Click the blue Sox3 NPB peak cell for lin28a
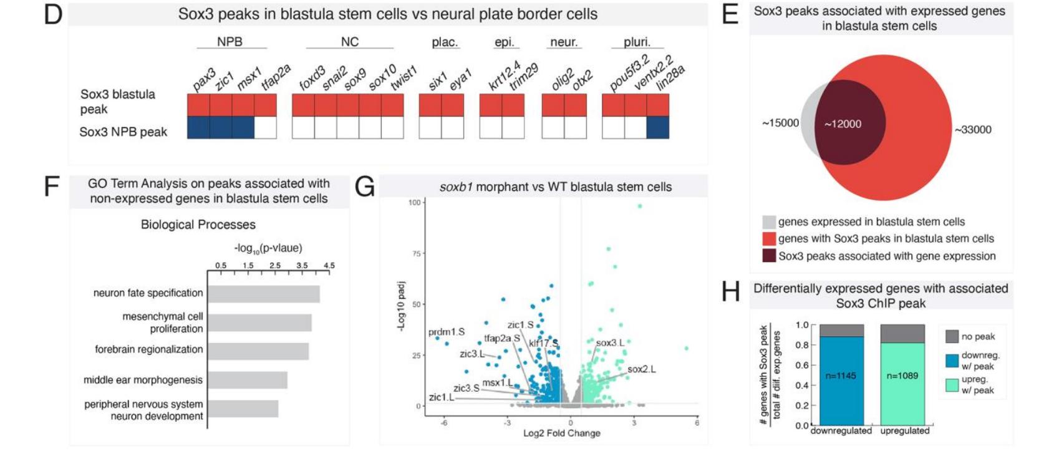coord(657,127)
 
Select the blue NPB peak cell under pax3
coord(198,127)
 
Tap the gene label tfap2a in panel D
coord(276,77)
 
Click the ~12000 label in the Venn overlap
coord(843,124)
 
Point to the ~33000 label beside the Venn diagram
coord(973,130)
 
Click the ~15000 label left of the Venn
coord(780,123)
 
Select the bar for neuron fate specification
coord(264,294)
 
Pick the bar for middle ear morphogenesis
coord(248,380)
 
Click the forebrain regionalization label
coord(148,349)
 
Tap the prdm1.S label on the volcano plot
coord(447,332)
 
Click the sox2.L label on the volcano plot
coord(641,369)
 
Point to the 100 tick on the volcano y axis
coord(414,202)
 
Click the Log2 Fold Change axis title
coord(561,433)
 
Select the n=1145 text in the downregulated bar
coord(841,376)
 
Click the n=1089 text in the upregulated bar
coord(902,376)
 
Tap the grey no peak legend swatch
coord(952,337)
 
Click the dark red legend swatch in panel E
coord(769,256)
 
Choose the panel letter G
coord(364,187)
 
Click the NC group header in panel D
coord(349,42)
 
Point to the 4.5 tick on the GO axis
coord(329,266)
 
